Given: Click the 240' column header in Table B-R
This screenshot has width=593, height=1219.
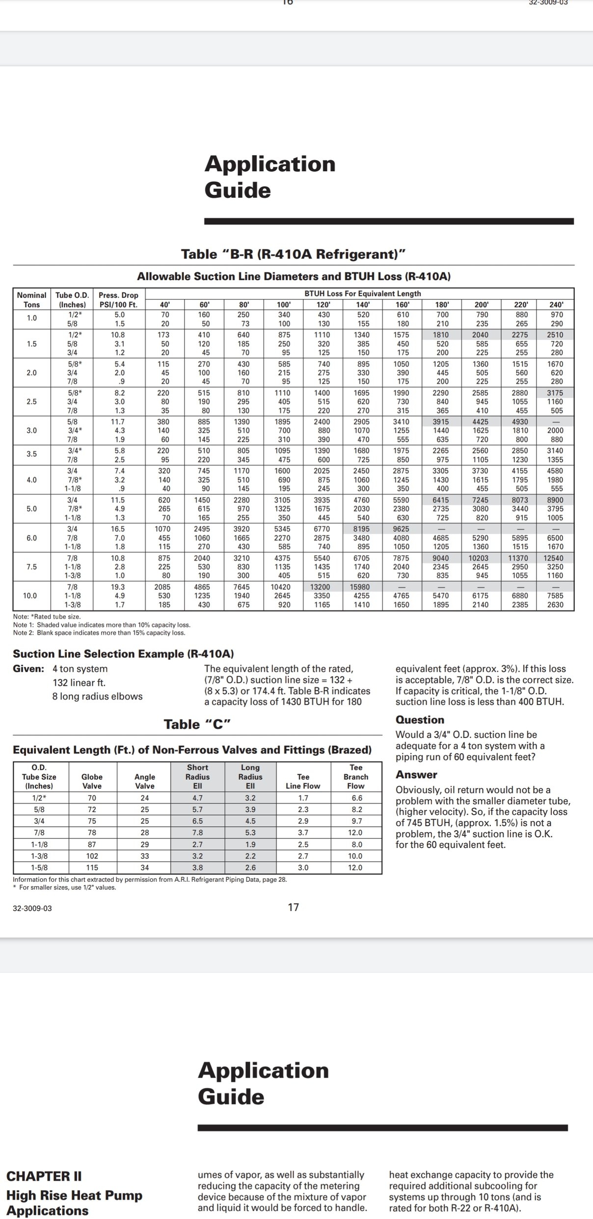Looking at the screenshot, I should point(555,304).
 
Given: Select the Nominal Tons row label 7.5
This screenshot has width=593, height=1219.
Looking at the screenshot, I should point(31,567).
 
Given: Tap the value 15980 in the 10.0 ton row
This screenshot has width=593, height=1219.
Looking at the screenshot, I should point(363,587).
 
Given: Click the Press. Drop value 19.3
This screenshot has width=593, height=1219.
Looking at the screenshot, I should point(118,587).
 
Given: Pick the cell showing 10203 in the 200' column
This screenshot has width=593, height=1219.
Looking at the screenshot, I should point(480,558).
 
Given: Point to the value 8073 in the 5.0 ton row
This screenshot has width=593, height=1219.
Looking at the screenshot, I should point(520,500).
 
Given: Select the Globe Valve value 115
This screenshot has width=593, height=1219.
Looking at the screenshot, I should point(92,867).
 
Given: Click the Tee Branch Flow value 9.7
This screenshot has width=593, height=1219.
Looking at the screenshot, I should point(356,821).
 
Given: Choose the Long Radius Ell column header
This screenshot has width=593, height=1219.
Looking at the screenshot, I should point(250,777).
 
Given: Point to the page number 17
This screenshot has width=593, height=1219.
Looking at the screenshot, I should point(293,907).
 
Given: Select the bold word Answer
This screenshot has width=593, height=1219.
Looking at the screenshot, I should point(416,775).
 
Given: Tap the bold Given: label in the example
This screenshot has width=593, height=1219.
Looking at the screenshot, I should point(28,669).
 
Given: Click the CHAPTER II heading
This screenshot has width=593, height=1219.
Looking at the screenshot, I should point(44,1176).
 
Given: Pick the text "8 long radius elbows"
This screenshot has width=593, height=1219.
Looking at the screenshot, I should point(97,696).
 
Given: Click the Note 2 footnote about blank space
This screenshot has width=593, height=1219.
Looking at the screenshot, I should point(99,633).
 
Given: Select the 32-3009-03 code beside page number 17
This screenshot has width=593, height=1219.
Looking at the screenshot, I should point(32,908).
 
